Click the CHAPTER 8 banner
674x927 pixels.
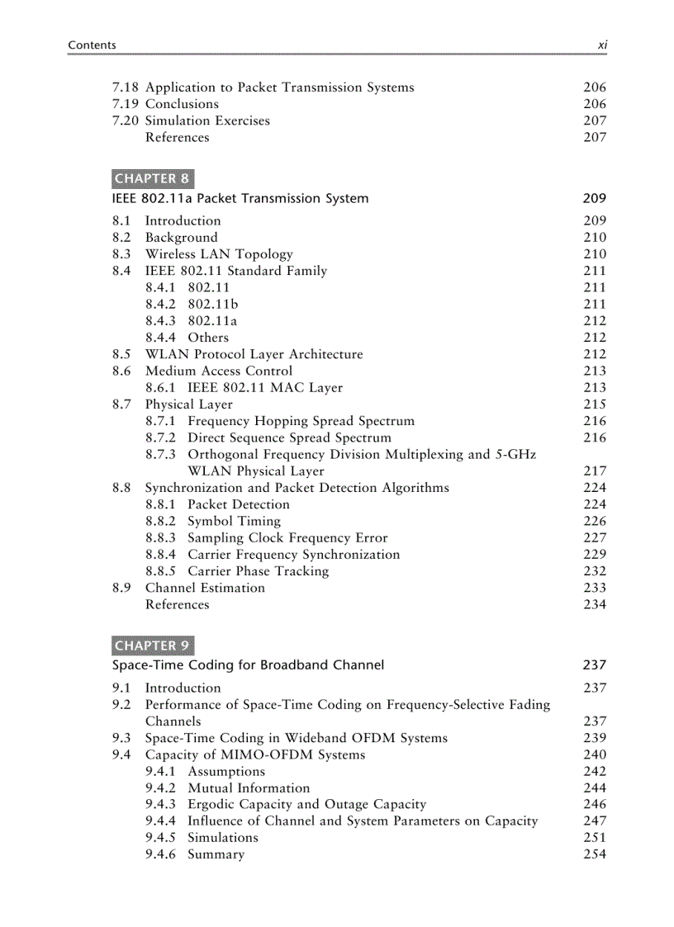(x=152, y=178)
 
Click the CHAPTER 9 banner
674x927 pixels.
(x=152, y=646)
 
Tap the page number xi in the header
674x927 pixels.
(x=602, y=45)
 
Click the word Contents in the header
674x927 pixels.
(x=92, y=45)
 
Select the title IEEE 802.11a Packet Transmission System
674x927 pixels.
(x=240, y=198)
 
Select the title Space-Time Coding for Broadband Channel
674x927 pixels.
(x=248, y=665)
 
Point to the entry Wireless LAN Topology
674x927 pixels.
(x=219, y=254)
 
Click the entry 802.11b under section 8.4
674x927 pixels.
(x=212, y=305)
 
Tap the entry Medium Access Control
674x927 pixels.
(x=219, y=371)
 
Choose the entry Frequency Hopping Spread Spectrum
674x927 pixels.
(x=301, y=421)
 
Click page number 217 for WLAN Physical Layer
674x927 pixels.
(x=594, y=471)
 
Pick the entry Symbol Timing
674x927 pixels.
(x=234, y=522)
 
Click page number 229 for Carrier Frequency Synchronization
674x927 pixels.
(x=594, y=555)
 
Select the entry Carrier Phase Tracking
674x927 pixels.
(x=258, y=571)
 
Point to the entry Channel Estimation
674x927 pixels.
(x=205, y=588)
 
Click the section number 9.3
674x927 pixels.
(x=121, y=738)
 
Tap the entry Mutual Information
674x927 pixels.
(x=249, y=788)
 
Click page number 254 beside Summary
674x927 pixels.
(x=594, y=854)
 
